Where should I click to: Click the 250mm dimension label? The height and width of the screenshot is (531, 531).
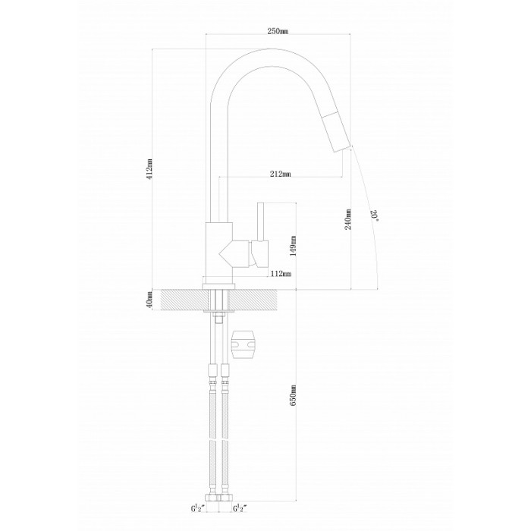tap(278, 31)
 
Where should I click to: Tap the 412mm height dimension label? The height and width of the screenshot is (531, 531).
tap(150, 170)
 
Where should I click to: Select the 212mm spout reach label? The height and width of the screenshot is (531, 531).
tap(281, 174)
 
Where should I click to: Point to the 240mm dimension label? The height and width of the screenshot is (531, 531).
tap(348, 219)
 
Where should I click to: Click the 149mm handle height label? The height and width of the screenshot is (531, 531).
tap(293, 247)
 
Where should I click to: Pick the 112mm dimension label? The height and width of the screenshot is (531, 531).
tap(281, 274)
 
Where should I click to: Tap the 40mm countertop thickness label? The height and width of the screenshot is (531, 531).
tap(150, 299)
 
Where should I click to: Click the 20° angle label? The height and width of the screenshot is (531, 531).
tap(375, 215)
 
